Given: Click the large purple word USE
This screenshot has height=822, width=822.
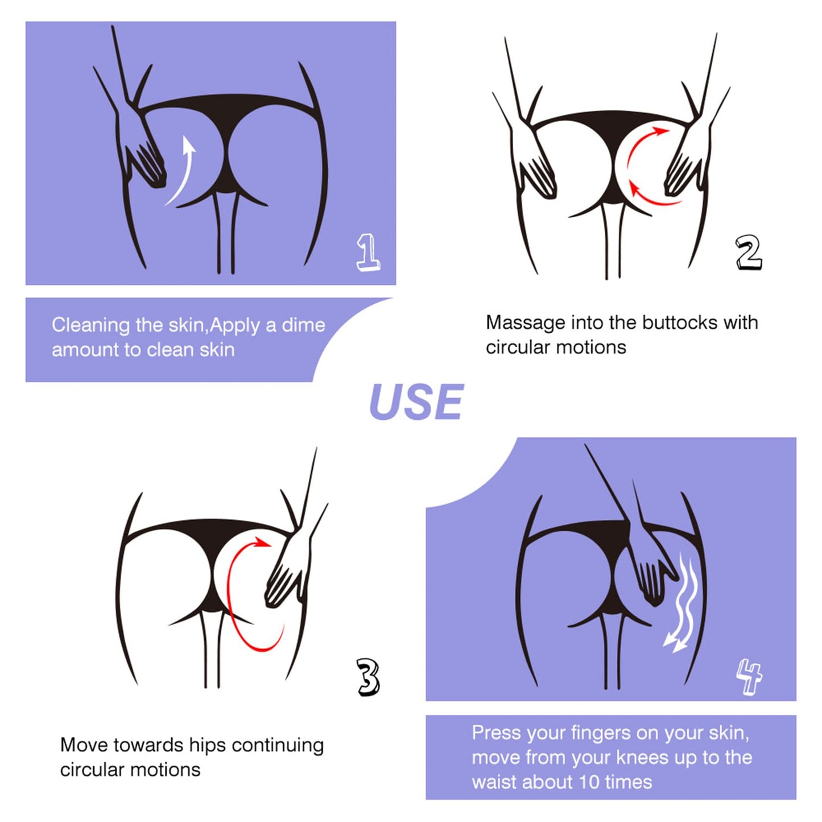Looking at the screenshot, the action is pos(416,402).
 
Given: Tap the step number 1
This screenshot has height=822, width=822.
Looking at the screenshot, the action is pos(368,254).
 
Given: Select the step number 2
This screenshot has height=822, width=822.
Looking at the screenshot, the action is pos(749,253).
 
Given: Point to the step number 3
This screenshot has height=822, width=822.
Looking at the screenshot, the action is pos(367,678).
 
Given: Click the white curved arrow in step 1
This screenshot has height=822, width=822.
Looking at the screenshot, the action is pos(183,171).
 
